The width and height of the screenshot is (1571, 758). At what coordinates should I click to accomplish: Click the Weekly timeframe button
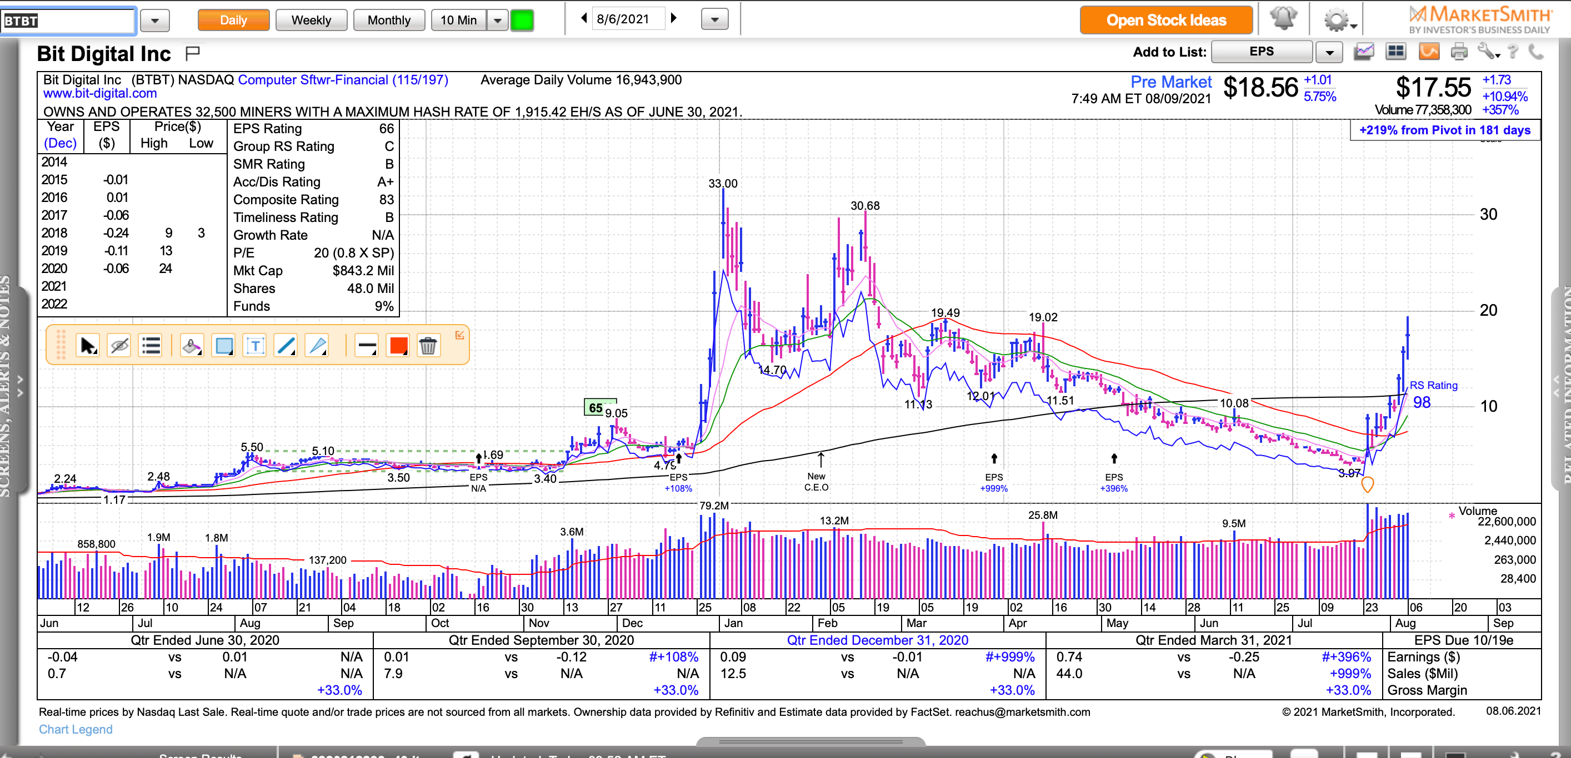[x=311, y=20]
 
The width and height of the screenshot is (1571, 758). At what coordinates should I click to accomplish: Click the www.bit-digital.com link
[x=99, y=93]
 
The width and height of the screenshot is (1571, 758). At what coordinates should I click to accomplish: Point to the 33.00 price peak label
[x=723, y=184]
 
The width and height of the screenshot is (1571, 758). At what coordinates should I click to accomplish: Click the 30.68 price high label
[x=865, y=206]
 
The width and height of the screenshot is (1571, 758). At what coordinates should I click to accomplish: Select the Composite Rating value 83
[x=386, y=200]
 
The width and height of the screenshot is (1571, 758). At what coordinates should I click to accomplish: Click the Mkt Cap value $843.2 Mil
[x=363, y=271]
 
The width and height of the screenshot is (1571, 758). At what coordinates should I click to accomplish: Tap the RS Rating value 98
[x=1422, y=402]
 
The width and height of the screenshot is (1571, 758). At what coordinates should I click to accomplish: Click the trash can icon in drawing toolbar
[x=428, y=346]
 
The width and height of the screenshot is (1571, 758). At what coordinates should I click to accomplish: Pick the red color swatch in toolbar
[x=398, y=346]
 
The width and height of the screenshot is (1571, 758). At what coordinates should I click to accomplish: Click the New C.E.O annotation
[x=816, y=481]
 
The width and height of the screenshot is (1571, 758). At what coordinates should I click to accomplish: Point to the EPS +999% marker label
[x=993, y=483]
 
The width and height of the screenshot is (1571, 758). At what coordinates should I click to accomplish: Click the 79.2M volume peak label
[x=713, y=506]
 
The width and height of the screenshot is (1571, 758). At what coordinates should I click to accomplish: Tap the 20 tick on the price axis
[x=1488, y=310]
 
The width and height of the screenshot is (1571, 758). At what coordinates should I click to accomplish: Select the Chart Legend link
[x=76, y=729]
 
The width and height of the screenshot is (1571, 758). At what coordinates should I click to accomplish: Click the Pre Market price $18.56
[x=1260, y=87]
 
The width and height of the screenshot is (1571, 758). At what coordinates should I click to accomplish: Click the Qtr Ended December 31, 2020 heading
[x=877, y=640]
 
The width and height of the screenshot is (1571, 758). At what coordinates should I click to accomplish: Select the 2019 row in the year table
[x=54, y=251]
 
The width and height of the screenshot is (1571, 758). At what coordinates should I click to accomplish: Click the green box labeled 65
[x=595, y=408]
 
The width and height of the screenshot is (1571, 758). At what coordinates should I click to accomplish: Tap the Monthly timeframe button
[x=388, y=20]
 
